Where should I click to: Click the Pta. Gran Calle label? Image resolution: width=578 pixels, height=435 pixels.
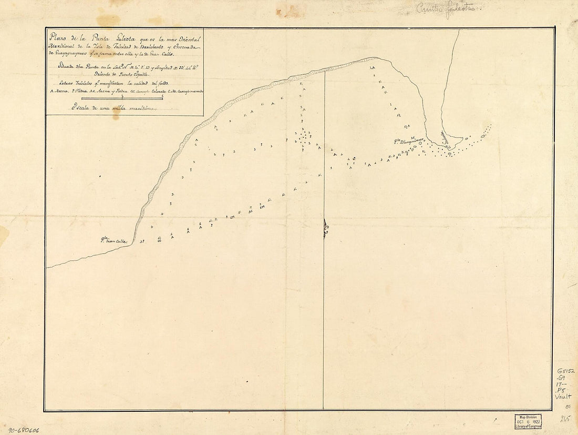pyautogui.click(x=114, y=241)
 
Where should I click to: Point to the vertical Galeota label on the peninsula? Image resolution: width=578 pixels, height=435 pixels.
pyautogui.click(x=444, y=138)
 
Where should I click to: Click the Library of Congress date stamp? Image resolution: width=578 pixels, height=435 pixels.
pyautogui.click(x=528, y=421)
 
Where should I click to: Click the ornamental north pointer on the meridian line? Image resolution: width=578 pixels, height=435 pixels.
pyautogui.click(x=325, y=228)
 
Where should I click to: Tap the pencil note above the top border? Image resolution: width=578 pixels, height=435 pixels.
pyautogui.click(x=444, y=8)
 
